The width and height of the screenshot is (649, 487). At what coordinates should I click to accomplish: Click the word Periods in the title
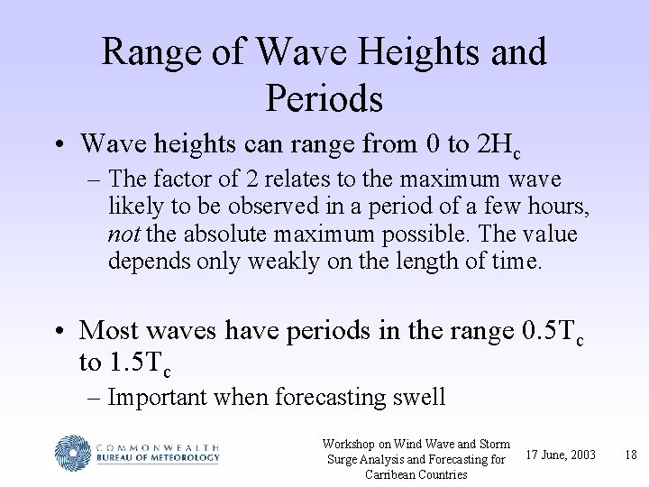(324, 98)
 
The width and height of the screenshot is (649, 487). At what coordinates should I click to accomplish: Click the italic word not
(123, 234)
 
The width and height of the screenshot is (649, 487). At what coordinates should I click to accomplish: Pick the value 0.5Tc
(553, 333)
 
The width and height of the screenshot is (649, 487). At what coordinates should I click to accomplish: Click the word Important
(158, 397)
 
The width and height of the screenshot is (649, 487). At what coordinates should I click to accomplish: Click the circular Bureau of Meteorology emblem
(73, 452)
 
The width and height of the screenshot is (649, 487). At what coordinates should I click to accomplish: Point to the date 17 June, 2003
(561, 455)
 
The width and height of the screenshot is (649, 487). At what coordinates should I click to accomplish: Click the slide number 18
(630, 455)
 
